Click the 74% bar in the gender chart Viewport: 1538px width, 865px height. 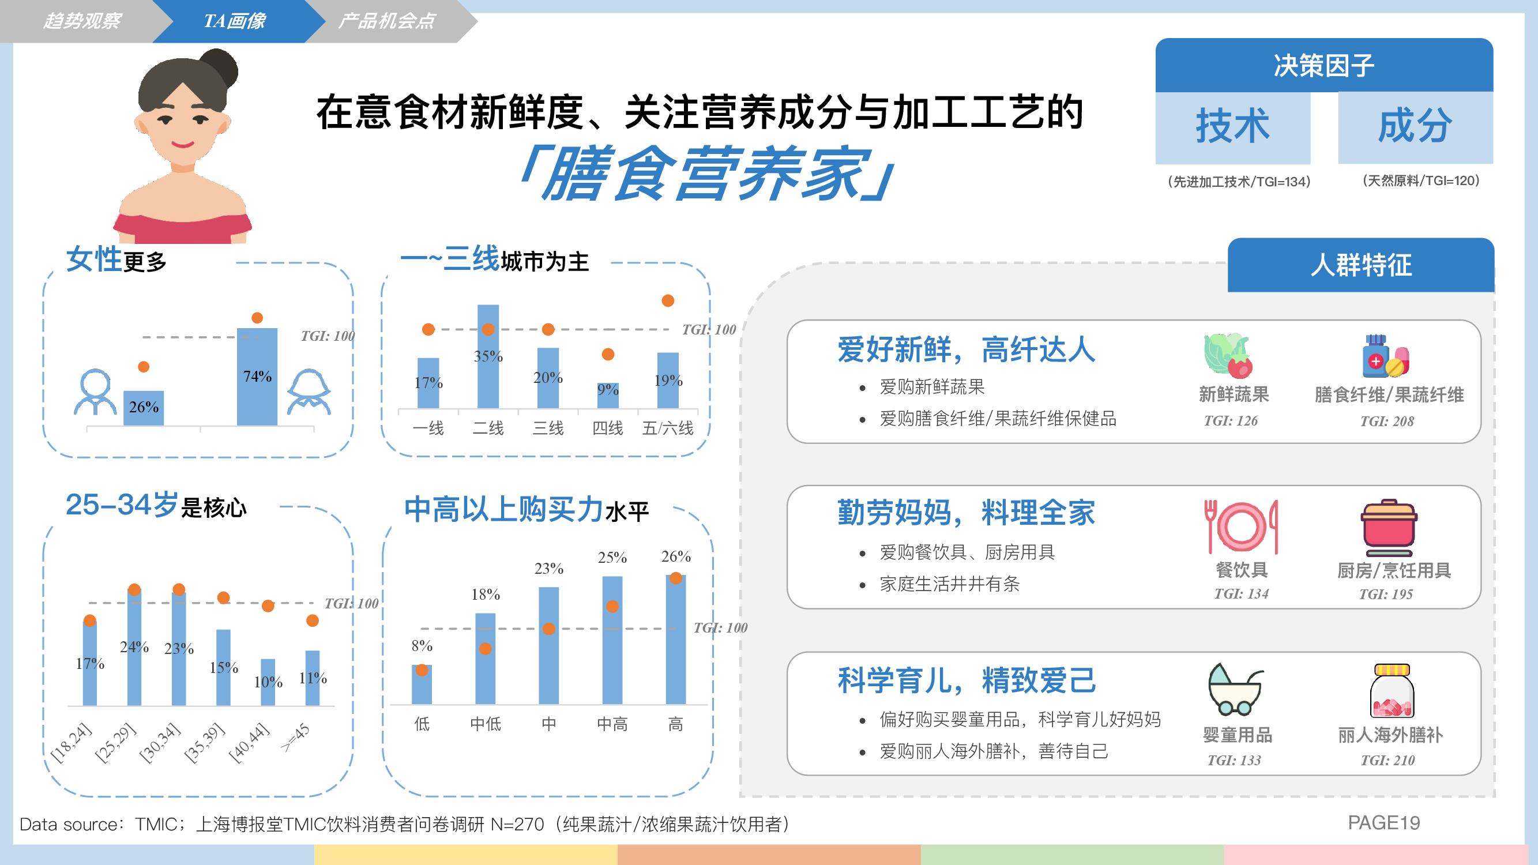[257, 377]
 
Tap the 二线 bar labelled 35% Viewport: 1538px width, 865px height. [488, 357]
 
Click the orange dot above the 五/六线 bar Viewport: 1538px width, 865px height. [668, 300]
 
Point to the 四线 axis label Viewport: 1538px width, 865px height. [608, 428]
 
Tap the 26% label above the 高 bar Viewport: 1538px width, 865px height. [676, 556]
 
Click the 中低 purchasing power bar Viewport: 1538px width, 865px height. [486, 659]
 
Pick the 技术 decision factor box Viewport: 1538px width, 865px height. [1233, 127]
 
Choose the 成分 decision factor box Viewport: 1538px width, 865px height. [1416, 127]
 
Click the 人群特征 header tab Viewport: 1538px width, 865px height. [1361, 265]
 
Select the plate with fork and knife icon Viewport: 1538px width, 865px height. [1241, 526]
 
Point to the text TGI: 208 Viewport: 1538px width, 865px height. [1387, 422]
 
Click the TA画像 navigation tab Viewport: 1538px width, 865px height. [234, 21]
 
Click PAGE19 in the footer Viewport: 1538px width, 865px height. [1384, 823]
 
